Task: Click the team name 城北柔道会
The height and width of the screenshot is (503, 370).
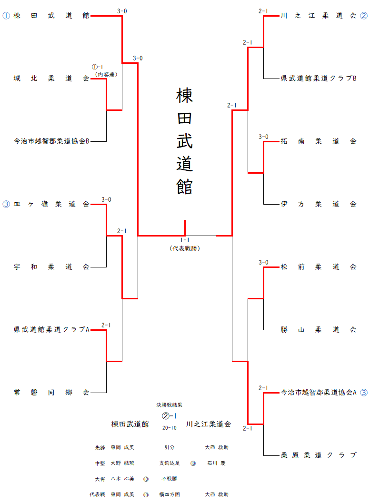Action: pos(51,79)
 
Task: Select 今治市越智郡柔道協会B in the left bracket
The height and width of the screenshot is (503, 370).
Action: pos(51,141)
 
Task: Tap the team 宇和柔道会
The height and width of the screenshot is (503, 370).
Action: pos(51,267)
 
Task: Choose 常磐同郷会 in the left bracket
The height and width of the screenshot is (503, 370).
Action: pos(51,393)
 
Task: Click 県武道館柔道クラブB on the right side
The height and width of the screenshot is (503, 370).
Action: pos(319,79)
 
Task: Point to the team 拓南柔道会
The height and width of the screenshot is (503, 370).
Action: pos(319,141)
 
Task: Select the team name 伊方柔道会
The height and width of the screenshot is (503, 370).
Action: pos(319,204)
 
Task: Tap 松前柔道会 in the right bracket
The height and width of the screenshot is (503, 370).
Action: pos(319,267)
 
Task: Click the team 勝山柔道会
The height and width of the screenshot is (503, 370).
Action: pos(319,330)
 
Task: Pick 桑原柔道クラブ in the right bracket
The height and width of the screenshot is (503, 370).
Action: pos(319,455)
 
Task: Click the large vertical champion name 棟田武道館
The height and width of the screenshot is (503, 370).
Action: pos(185,141)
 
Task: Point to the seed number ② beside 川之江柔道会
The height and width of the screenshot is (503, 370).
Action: pos(364,16)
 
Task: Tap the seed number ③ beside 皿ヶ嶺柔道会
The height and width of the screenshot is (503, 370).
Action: pos(6,204)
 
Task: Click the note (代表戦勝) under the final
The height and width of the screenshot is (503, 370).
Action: pos(185,248)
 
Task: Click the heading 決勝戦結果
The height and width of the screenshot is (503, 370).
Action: pos(170,405)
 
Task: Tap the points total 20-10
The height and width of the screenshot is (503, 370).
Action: pos(170,428)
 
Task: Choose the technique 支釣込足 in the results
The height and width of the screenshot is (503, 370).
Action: pos(170,463)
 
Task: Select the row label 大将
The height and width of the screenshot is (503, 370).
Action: pos(100,479)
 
